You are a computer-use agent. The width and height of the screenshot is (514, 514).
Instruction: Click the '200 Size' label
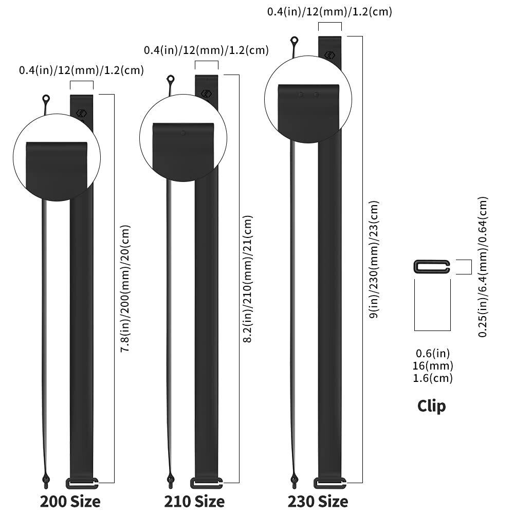click(70, 501)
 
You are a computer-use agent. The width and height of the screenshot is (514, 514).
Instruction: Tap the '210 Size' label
click(194, 501)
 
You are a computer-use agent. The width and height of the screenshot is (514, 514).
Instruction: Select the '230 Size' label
click(318, 501)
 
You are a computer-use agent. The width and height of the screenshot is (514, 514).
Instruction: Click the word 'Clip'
click(431, 406)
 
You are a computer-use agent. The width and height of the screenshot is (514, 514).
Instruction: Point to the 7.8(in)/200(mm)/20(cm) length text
click(125, 288)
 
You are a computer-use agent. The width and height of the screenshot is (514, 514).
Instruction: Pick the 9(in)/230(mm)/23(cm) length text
click(374, 259)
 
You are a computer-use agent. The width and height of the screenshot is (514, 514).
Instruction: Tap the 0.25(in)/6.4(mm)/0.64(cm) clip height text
click(483, 267)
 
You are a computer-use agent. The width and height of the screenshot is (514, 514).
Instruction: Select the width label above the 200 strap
click(81, 70)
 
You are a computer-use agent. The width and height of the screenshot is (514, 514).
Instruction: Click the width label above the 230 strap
click(329, 11)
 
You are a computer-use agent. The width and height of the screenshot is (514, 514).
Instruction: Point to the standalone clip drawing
click(432, 267)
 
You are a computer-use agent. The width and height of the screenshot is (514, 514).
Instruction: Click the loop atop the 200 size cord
click(46, 98)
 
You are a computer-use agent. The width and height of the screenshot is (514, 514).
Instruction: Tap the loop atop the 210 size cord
click(171, 79)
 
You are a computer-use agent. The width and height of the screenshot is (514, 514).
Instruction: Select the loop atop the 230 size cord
click(294, 40)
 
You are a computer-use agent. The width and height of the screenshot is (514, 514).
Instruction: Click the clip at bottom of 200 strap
click(82, 483)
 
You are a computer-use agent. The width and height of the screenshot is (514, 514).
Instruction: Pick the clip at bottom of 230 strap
click(329, 483)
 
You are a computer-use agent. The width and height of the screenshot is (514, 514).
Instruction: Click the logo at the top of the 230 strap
click(329, 55)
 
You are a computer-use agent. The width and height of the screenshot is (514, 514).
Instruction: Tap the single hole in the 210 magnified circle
click(183, 133)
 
